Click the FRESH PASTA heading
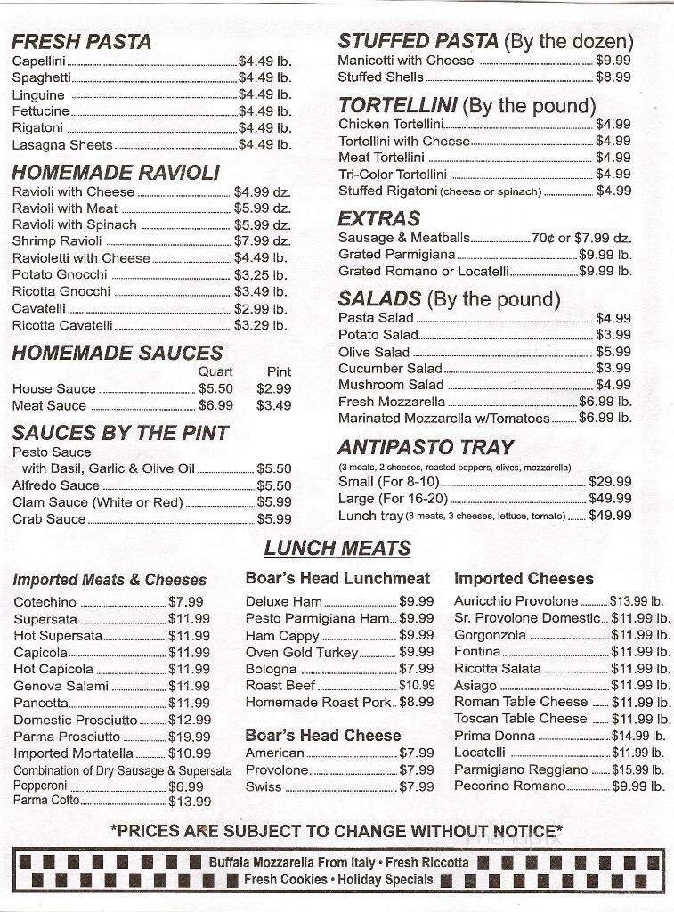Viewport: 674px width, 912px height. point(82,41)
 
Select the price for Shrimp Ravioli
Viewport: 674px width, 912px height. point(262,241)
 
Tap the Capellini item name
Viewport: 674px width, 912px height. point(40,61)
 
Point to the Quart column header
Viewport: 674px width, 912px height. point(215,371)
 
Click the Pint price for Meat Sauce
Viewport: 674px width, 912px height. point(273,405)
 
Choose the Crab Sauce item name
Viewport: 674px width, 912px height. point(49,518)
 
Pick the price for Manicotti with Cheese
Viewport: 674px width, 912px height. point(613,61)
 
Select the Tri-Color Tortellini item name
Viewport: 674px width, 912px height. point(392,175)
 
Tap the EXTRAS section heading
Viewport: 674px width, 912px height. point(378,218)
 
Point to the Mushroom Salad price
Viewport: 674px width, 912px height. point(613,385)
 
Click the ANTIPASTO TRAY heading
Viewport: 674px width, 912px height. point(426,447)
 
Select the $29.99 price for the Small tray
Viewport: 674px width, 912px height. point(610,482)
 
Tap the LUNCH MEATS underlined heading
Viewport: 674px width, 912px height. point(337,548)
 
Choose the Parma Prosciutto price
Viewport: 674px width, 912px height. point(189,737)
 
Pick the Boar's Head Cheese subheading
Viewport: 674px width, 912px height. point(323,735)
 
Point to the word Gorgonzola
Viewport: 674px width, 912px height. point(490,635)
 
